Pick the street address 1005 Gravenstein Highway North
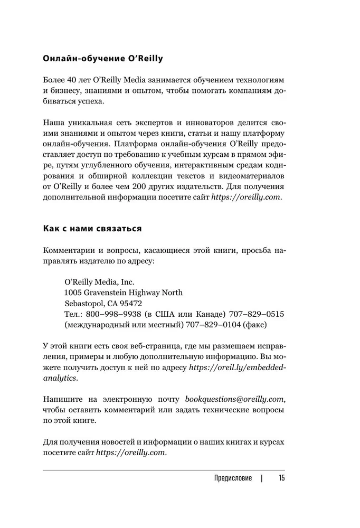(x=123, y=293)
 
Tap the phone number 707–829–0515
(x=250, y=316)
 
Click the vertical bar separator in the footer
(x=261, y=479)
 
